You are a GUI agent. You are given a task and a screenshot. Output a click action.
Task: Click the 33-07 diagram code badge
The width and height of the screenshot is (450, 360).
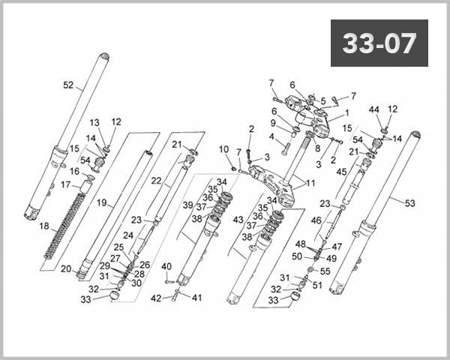(x=379, y=43)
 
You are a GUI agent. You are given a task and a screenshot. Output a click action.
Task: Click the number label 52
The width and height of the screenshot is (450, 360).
(x=68, y=85)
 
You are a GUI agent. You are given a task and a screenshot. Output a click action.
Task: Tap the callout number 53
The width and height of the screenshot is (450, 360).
(x=409, y=202)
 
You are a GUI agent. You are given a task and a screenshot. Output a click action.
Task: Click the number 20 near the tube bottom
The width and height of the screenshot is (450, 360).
(x=65, y=269)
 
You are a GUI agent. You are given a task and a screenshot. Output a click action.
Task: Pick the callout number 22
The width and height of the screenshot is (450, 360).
(x=156, y=181)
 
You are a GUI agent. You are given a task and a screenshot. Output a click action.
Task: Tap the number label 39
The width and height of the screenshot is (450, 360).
(x=188, y=205)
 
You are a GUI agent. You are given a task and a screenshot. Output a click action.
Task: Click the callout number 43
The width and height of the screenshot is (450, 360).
(x=239, y=219)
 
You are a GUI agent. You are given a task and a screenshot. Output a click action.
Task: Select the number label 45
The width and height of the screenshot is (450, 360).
(x=341, y=172)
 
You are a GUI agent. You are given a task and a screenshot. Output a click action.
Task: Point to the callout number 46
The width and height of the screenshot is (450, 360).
(x=316, y=220)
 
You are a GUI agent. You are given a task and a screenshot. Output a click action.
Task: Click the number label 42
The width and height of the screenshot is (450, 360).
(x=157, y=298)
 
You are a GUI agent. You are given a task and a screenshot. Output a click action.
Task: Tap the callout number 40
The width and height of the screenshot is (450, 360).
(x=166, y=266)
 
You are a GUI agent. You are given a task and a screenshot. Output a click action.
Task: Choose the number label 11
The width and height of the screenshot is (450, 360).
(x=310, y=182)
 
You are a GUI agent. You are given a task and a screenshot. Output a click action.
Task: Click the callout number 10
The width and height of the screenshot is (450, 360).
(x=223, y=149)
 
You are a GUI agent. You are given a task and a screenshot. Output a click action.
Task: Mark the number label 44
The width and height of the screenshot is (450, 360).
(x=373, y=109)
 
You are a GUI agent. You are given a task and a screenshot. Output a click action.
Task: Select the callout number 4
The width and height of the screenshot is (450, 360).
(x=271, y=136)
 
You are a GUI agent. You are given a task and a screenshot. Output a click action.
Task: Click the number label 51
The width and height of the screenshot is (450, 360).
(x=317, y=284)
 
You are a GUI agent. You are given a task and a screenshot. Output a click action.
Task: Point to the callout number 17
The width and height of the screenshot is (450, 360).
(x=66, y=184)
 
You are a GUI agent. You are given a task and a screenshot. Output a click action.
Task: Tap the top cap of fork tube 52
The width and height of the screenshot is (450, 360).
(x=103, y=57)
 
